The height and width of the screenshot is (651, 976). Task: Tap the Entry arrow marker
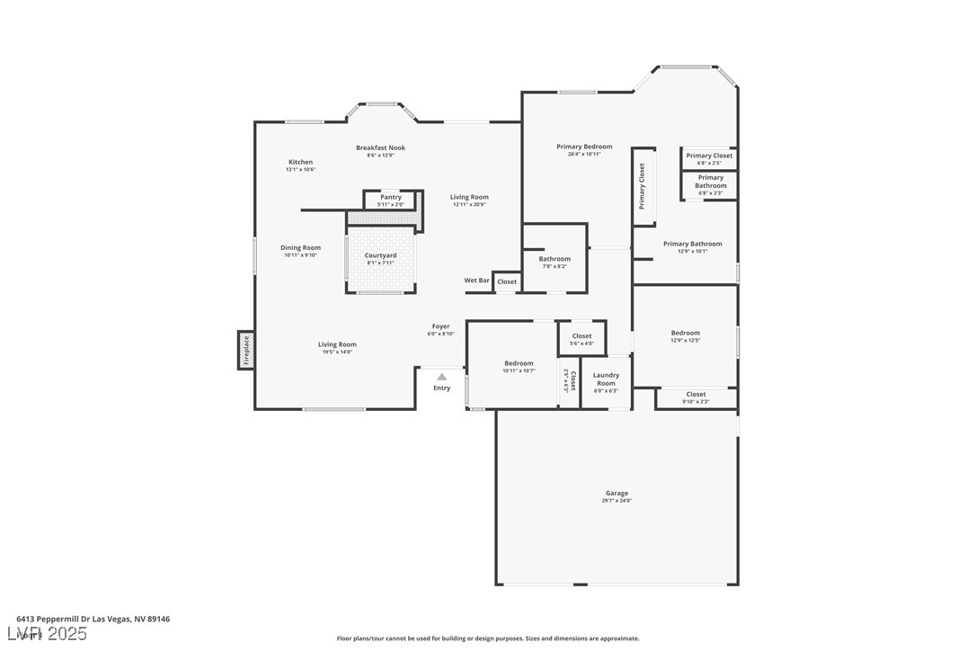441,378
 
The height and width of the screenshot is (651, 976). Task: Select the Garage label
617,493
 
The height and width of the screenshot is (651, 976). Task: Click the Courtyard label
380,255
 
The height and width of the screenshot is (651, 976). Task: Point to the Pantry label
391,197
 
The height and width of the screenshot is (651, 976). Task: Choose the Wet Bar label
476,281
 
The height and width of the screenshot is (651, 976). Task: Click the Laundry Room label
606,379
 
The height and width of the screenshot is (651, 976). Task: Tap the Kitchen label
300,162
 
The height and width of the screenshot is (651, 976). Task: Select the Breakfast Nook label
380,147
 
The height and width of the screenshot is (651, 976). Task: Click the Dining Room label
300,247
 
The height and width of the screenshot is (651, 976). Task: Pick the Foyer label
440,326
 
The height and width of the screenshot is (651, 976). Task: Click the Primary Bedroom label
584,147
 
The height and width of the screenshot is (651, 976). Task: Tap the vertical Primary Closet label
642,186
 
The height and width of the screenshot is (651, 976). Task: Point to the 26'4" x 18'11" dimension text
584,155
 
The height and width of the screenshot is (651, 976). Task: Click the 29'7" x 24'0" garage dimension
617,501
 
